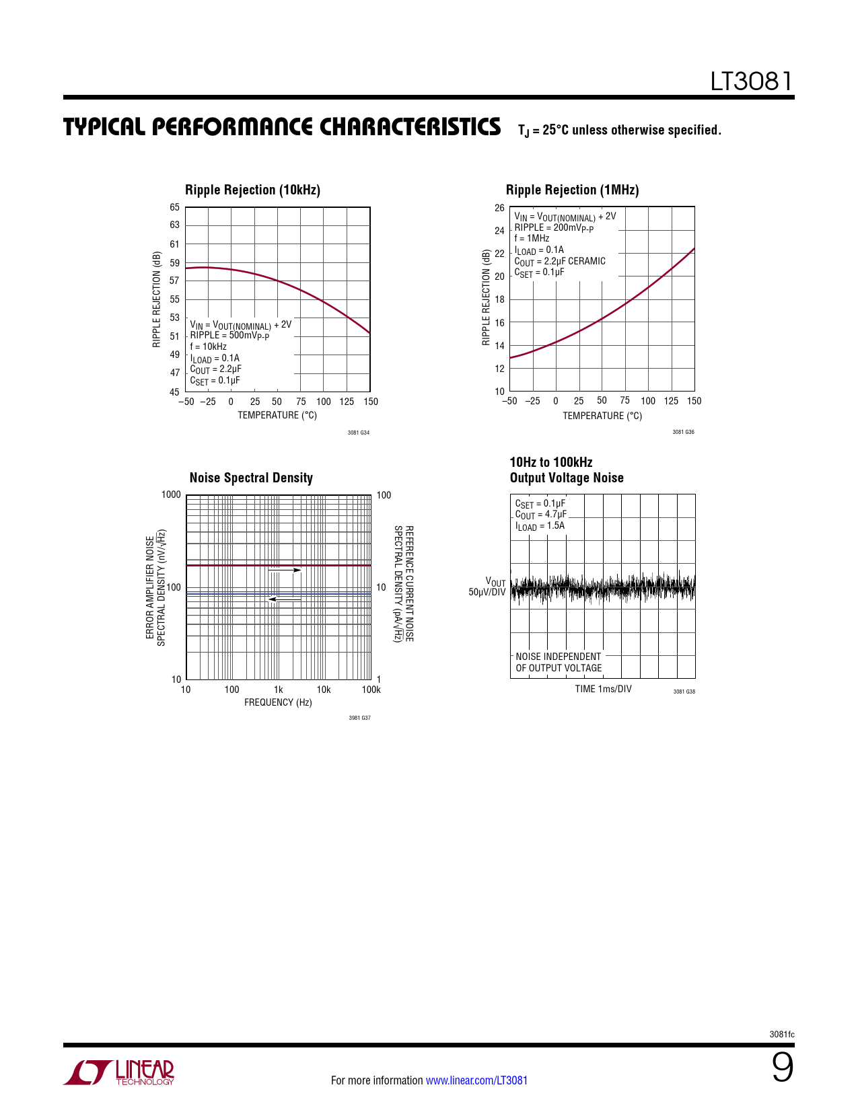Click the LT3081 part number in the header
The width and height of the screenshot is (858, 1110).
752,81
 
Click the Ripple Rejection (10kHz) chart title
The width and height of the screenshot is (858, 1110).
252,190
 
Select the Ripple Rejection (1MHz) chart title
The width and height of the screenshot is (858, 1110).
572,190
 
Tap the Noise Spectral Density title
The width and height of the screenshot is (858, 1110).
251,478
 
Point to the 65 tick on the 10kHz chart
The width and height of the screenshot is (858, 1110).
174,207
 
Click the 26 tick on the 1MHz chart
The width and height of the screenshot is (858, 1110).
499,208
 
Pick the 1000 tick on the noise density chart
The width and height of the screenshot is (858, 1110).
171,495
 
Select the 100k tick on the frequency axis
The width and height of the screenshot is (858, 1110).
371,690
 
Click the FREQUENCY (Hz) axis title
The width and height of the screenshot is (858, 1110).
278,702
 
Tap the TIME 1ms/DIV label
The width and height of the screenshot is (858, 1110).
603,689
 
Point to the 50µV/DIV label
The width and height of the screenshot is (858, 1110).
487,593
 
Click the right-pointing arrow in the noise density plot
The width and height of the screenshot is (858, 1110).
285,570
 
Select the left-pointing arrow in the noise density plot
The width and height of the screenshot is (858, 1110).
285,599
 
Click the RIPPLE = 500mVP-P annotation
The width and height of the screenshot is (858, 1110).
229,336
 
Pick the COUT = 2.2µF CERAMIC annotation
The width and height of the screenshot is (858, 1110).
560,262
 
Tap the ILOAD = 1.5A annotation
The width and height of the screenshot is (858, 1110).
540,526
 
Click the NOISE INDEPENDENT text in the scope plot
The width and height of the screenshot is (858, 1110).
558,657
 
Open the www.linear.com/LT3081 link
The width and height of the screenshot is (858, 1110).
476,1080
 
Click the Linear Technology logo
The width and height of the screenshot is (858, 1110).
119,1072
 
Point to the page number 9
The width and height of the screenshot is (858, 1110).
782,1068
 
